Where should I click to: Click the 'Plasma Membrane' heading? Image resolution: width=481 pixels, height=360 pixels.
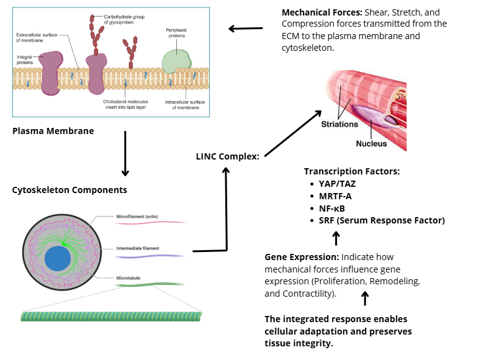click(53, 131)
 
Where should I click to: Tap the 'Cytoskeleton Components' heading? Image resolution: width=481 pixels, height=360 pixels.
click(70, 190)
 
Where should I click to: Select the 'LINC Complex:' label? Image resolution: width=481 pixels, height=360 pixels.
click(227, 156)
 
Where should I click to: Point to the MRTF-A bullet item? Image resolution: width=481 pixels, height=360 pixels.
click(340, 196)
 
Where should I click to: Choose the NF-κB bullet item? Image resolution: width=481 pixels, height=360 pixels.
click(336, 208)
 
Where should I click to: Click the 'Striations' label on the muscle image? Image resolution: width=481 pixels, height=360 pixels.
click(339, 124)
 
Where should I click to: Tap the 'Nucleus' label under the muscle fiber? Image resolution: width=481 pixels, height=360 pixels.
click(371, 143)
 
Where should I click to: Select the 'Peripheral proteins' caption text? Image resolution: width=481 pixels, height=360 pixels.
click(176, 32)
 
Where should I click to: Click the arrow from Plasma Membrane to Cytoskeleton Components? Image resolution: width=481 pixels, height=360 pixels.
click(125, 153)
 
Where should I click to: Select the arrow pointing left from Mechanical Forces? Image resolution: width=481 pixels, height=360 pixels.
click(245, 28)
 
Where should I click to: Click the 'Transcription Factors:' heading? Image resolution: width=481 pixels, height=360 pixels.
click(351, 171)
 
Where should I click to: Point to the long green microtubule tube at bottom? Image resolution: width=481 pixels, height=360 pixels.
click(112, 316)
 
